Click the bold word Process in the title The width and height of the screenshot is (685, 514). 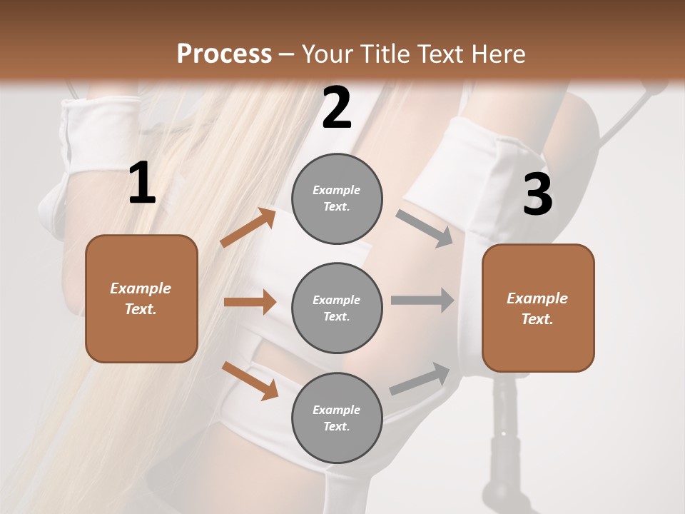[x=224, y=54]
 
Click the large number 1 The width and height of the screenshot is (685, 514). [x=142, y=183]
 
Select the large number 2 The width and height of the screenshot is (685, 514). [x=337, y=109]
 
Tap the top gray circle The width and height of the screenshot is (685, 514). [x=337, y=198]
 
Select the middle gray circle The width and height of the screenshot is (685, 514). [x=337, y=308]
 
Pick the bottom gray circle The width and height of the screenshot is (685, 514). [x=337, y=418]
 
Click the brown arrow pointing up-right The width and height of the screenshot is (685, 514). [x=248, y=228]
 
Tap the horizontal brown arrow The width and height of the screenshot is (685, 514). [x=250, y=302]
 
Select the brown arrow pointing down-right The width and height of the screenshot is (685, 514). [x=250, y=381]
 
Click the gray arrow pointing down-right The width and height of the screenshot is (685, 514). [x=425, y=228]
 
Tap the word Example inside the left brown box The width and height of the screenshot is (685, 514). [x=141, y=288]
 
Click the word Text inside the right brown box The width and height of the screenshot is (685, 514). [x=537, y=319]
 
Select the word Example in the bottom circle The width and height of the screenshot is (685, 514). [x=337, y=410]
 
